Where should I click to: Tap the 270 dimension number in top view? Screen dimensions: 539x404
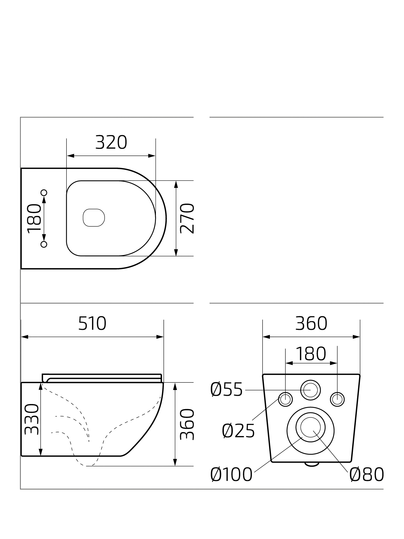(187, 218)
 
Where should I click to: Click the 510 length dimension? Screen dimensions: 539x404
(92, 323)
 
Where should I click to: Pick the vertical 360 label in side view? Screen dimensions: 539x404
(187, 424)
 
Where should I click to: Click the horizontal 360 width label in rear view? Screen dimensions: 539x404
(311, 323)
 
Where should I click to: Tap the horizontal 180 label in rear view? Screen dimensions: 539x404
(311, 354)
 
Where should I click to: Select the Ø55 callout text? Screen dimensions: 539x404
(227, 390)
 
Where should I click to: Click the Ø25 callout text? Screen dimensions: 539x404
(238, 431)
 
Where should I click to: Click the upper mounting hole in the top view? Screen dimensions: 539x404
(44, 193)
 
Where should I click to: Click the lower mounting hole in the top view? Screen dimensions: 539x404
(44, 244)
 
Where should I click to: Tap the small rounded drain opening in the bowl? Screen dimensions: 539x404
(94, 217)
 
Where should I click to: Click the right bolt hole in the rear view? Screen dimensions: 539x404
(337, 399)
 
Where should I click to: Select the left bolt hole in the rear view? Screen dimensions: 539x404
(285, 399)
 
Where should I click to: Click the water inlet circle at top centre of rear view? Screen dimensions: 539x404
(311, 390)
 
